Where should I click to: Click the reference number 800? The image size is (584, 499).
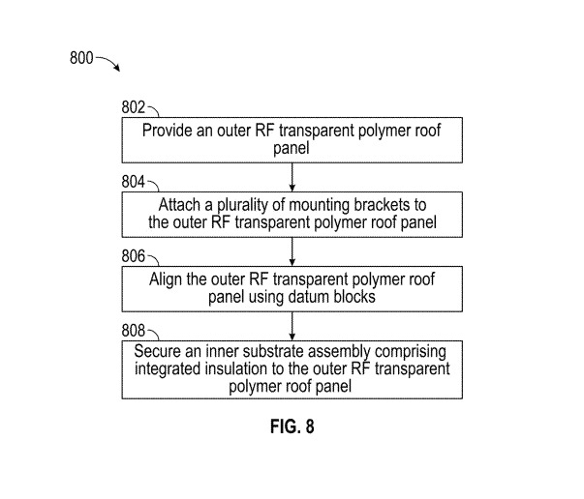tap(81, 58)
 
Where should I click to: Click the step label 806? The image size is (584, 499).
tap(135, 256)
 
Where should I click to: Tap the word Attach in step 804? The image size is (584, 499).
tap(178, 204)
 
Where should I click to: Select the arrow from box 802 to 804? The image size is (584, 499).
tap(292, 176)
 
